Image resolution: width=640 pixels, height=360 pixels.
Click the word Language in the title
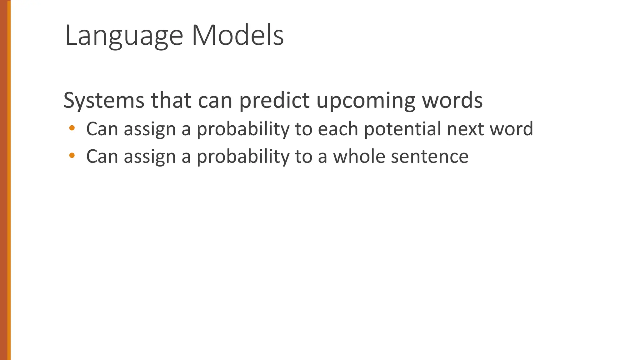pos(124,36)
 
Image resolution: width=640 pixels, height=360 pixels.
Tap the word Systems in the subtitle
pos(104,101)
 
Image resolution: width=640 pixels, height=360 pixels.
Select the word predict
pos(274,101)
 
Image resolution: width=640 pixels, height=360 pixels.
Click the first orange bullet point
pos(72,128)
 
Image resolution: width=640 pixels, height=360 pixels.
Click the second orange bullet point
pos(72,155)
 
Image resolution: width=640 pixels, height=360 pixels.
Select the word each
pos(337,129)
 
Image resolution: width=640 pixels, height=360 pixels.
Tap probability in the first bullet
pos(243,129)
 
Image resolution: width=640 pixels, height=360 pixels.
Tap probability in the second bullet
pos(243,156)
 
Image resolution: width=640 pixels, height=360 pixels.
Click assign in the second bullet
pos(150,156)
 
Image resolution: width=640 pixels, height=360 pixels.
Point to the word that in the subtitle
pos(171,101)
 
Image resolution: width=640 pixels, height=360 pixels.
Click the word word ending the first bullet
pos(511,129)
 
